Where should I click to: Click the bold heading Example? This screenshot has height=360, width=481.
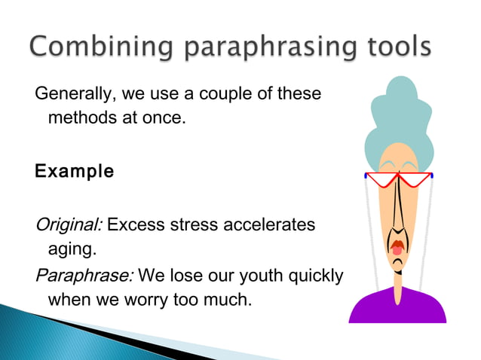coord(75,172)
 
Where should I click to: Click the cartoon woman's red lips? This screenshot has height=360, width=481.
coord(397,246)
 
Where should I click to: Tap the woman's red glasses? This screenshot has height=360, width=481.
coord(400,180)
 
